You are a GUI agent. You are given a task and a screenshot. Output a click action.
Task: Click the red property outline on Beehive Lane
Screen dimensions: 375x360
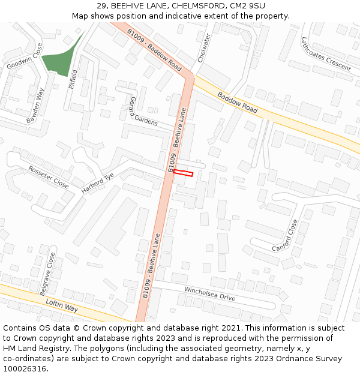pos(183,173)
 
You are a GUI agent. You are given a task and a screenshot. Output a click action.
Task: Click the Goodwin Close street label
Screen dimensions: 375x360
pos(25,56)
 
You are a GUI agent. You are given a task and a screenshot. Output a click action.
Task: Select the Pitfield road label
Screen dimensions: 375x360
pos(73,78)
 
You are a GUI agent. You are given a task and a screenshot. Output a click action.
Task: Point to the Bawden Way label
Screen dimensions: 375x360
pos(36,106)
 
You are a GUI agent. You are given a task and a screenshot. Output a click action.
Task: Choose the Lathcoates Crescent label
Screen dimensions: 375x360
pos(326,55)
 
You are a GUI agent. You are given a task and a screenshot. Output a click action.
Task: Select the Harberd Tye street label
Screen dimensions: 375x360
pos(97,184)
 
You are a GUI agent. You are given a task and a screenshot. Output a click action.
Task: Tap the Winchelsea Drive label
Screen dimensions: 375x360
pos(209,294)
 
